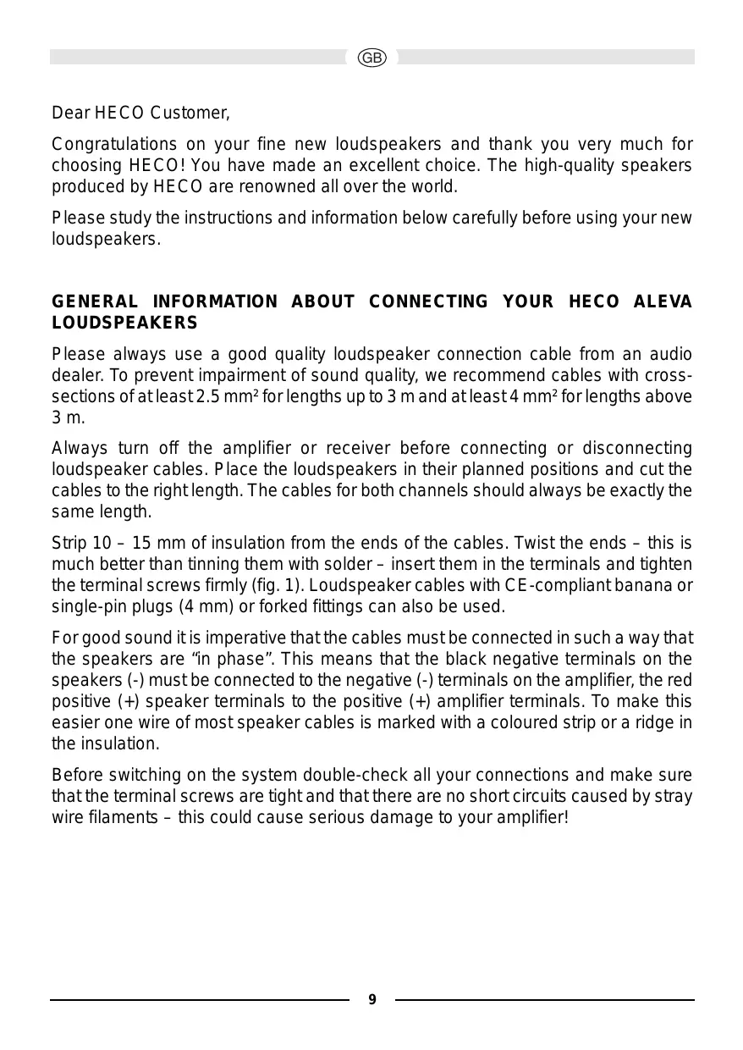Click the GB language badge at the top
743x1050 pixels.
coord(371,58)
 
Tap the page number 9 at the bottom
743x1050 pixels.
coord(371,1000)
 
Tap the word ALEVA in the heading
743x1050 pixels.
coord(663,302)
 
